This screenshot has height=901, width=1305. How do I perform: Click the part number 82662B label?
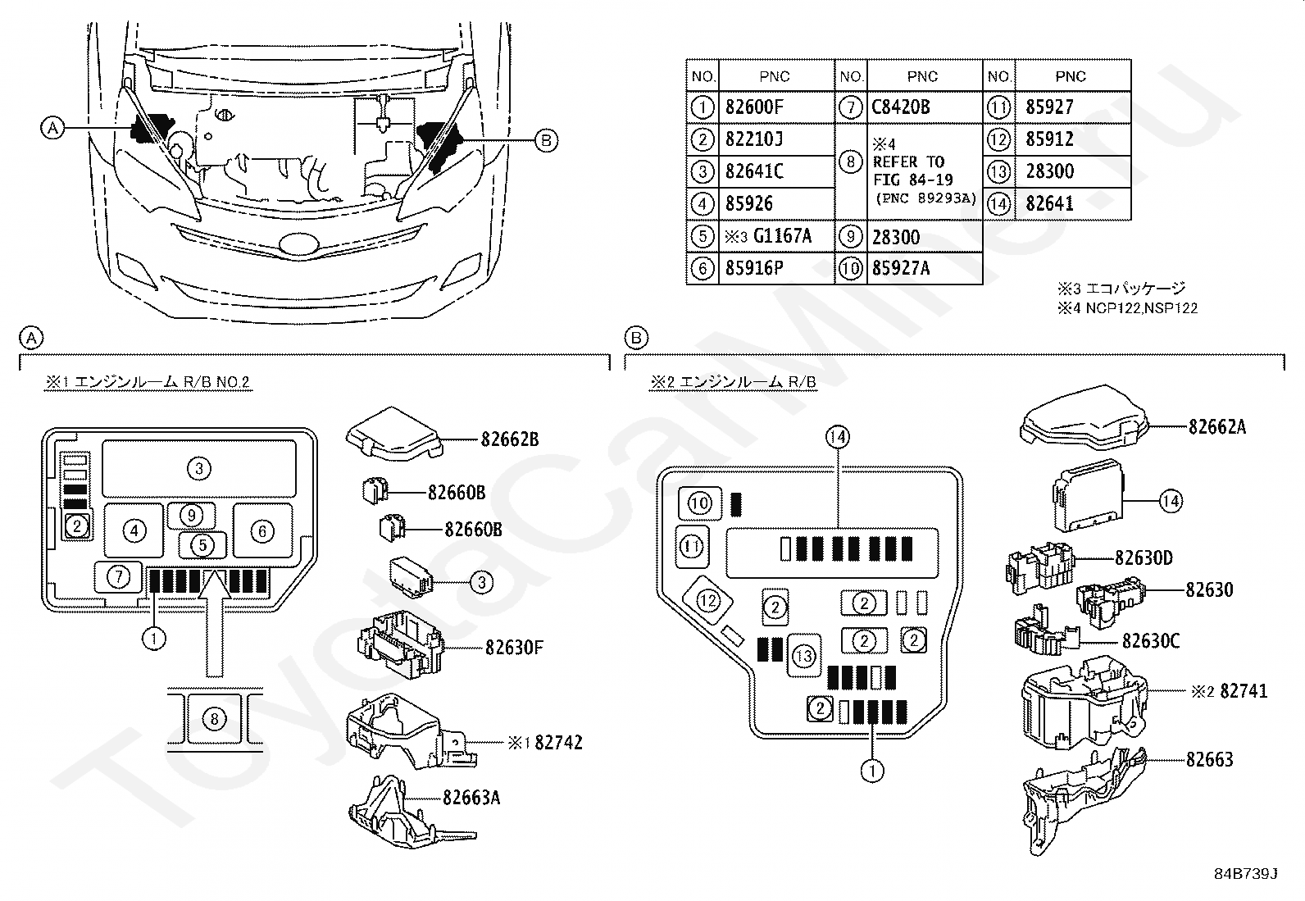(510, 439)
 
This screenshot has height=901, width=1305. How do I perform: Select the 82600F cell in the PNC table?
(754, 107)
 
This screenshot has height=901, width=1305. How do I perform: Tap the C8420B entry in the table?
(901, 107)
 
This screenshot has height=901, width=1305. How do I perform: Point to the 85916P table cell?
(754, 268)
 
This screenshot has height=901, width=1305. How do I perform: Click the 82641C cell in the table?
(754, 171)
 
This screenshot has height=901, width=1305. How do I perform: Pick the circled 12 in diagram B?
(708, 601)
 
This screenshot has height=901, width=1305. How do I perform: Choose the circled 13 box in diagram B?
(804, 656)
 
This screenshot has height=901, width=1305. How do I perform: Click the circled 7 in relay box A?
(119, 577)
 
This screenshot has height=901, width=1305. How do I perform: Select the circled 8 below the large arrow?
(214, 719)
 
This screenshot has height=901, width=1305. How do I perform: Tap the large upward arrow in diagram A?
(215, 624)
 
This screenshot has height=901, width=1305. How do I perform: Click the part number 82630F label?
(515, 648)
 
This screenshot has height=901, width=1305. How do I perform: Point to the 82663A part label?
(471, 797)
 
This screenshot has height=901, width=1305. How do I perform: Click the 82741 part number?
(1244, 691)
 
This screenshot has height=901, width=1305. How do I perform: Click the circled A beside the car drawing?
(52, 127)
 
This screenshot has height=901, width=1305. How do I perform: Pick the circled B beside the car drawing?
(546, 140)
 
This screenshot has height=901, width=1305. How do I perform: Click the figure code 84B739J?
(1246, 874)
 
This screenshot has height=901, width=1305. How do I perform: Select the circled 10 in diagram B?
(700, 503)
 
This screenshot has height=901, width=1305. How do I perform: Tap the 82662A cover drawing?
(1084, 418)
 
